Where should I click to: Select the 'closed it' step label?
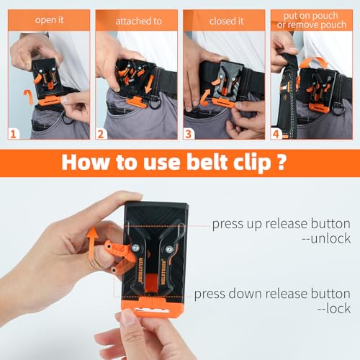point(226,21)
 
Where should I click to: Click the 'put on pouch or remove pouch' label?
point(314,20)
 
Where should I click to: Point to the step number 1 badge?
point(12,132)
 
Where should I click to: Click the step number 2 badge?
point(102,132)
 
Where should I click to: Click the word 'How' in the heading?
point(87,161)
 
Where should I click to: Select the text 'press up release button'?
point(279,223)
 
